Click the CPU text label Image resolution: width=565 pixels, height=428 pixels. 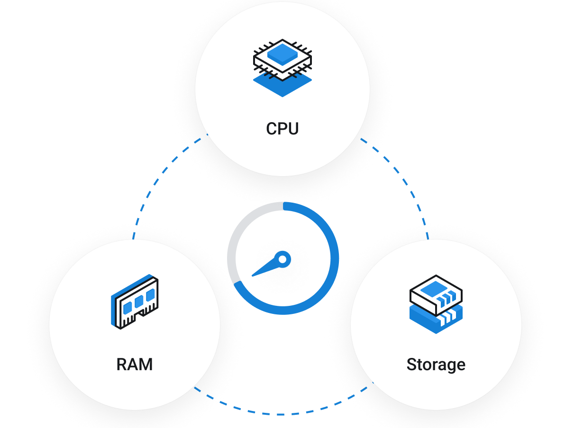tap(282, 129)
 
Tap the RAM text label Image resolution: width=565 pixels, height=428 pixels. tap(135, 365)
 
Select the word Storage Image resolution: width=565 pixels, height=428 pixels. tap(436, 365)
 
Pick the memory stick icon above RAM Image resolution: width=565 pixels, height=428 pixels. tap(135, 302)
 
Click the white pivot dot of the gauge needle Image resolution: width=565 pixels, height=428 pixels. tap(282, 259)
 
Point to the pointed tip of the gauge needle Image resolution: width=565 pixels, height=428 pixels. tap(253, 276)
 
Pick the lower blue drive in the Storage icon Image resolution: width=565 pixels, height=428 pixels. tap(436, 320)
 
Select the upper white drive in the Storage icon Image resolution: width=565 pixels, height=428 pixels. tap(436, 291)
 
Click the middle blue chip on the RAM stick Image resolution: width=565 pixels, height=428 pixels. tap(138, 302)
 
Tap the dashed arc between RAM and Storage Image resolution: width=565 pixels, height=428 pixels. tap(282, 414)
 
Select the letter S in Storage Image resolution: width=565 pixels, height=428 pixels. tap(412, 365)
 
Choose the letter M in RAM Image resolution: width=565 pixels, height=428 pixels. tap(146, 365)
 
